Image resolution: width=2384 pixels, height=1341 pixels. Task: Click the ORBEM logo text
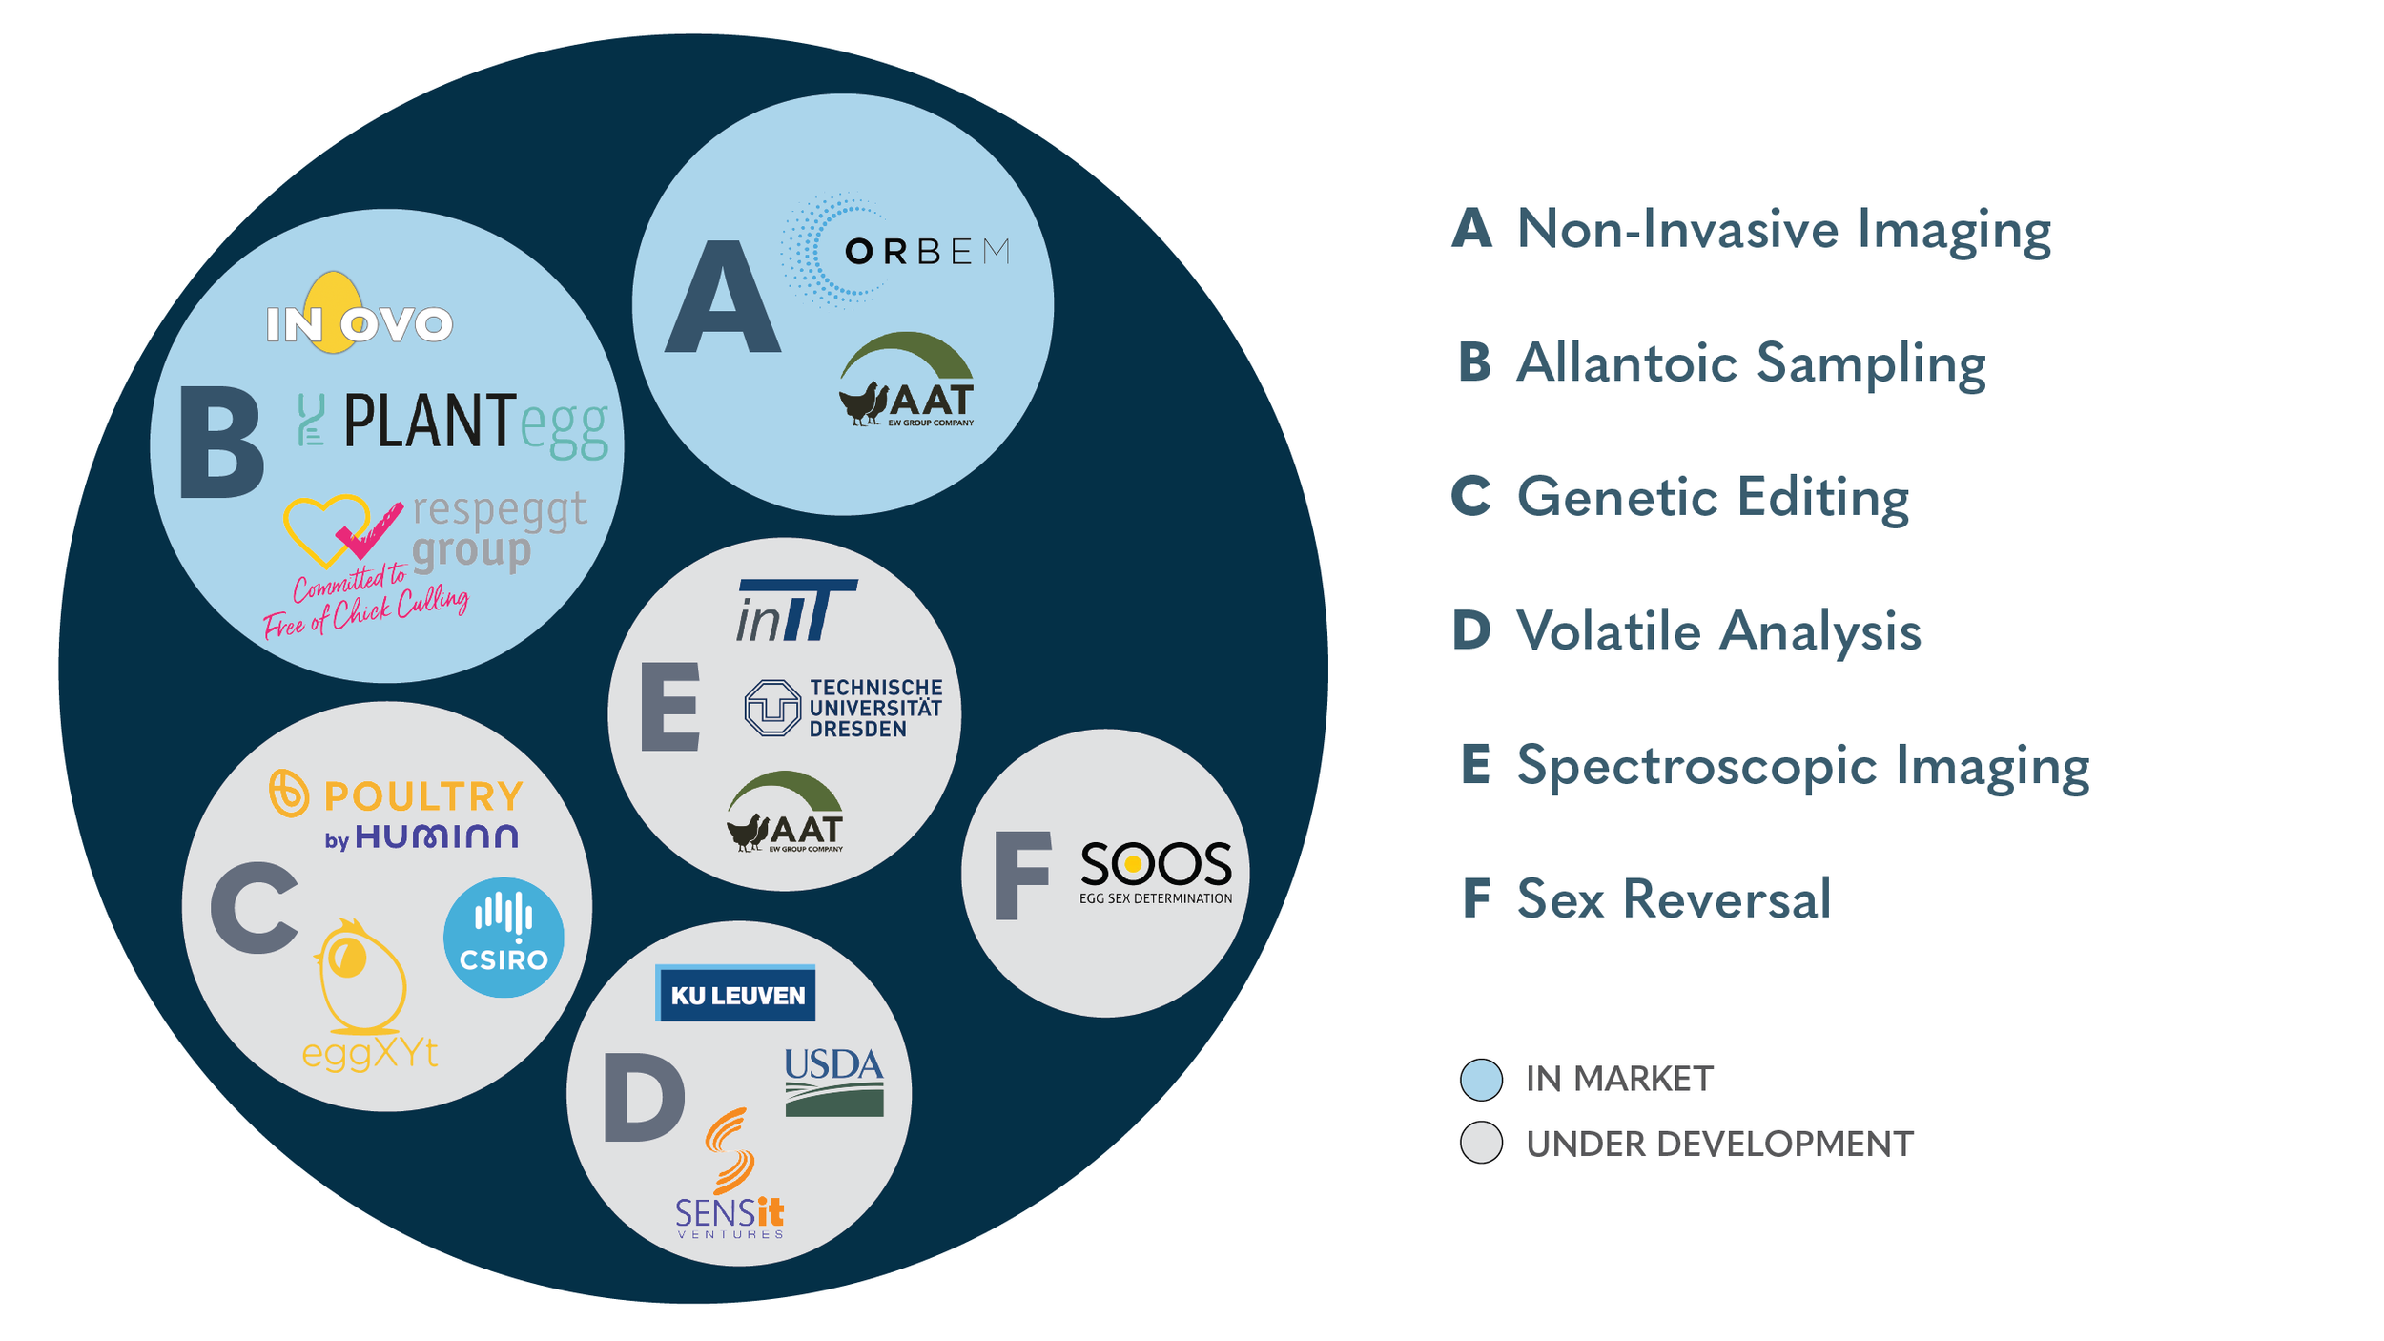(927, 252)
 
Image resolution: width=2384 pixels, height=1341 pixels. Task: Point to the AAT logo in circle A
(907, 380)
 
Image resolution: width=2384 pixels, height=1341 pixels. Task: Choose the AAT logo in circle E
(785, 812)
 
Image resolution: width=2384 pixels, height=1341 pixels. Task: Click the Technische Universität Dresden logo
(843, 708)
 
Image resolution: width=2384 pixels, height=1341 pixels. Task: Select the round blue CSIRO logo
(504, 938)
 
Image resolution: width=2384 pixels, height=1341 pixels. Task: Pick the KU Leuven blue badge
(735, 993)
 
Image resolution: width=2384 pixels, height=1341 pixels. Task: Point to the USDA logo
(834, 1082)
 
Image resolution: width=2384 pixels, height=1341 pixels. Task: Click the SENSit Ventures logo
(730, 1174)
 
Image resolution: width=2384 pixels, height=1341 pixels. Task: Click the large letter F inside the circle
(1022, 876)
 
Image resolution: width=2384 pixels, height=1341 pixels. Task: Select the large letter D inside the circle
(644, 1097)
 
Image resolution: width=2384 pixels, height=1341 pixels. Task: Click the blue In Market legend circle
(1481, 1079)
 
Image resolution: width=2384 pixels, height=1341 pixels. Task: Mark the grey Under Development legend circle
(1481, 1143)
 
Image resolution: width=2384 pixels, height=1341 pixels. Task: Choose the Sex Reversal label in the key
(1674, 898)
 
